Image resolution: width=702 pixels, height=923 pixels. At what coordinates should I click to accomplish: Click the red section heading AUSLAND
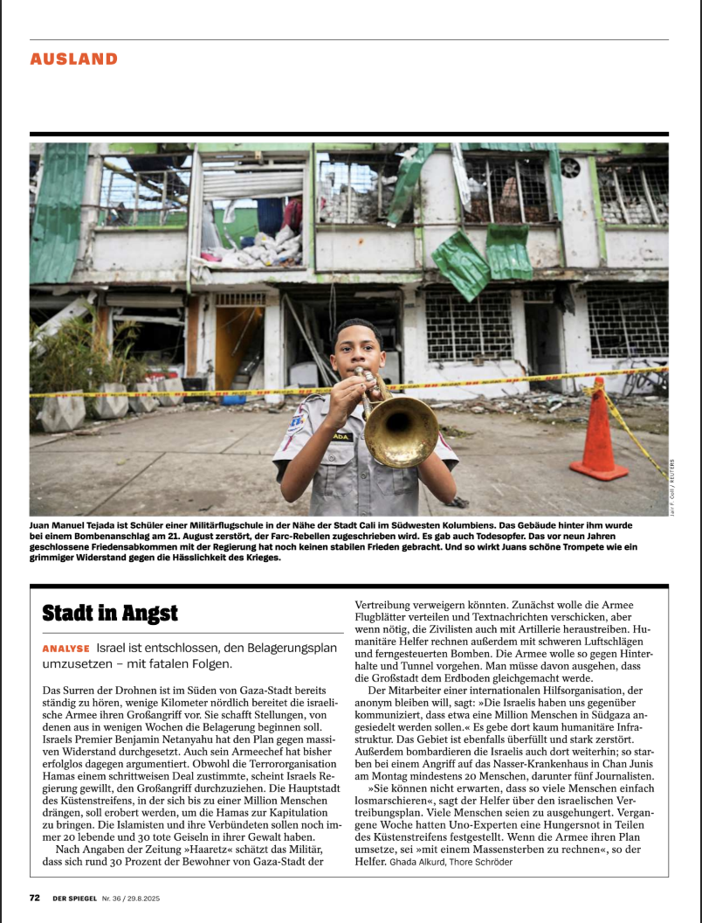pos(73,59)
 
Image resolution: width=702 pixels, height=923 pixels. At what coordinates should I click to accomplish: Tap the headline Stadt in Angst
pos(110,613)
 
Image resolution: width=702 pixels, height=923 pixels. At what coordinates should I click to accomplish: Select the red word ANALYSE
pos(66,649)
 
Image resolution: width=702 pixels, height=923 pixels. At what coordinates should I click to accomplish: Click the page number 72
pos(35,897)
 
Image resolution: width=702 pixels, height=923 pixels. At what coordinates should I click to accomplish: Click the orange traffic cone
pos(600,429)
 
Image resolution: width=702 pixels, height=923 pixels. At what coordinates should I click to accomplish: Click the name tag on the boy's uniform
pos(341,436)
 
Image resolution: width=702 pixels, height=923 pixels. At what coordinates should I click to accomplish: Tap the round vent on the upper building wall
pos(572,167)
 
